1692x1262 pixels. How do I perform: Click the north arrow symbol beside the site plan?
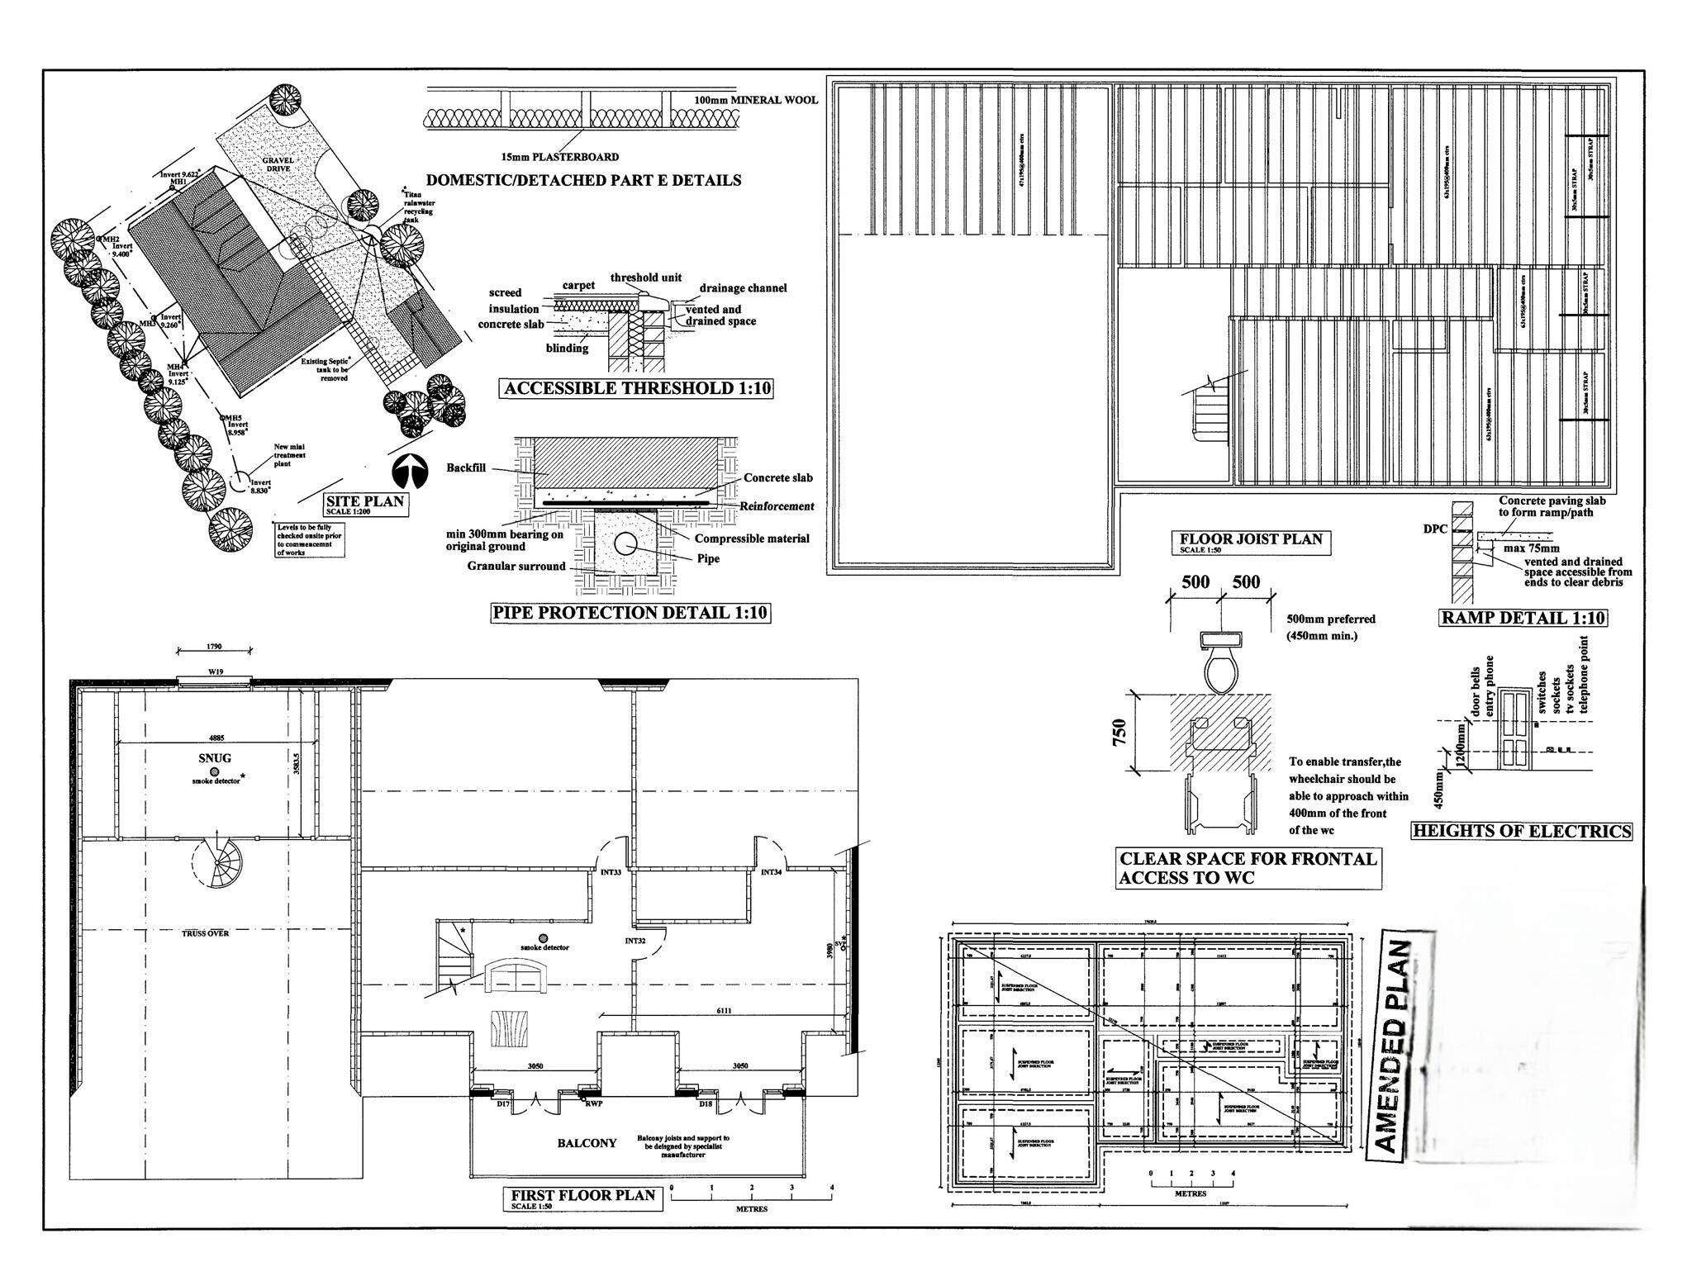click(409, 474)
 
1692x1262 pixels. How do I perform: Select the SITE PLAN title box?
click(364, 504)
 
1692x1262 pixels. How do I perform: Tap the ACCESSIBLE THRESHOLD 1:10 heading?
click(636, 388)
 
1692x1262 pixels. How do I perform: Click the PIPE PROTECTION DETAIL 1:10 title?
click(630, 613)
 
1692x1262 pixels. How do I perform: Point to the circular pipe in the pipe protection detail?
click(626, 543)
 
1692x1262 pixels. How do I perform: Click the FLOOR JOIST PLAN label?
click(1250, 541)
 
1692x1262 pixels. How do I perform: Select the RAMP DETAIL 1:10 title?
click(1523, 618)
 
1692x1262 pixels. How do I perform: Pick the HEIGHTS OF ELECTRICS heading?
click(1521, 832)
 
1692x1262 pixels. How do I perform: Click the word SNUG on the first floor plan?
click(215, 757)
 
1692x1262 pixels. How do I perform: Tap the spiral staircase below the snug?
click(217, 864)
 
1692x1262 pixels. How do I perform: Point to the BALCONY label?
click(587, 1143)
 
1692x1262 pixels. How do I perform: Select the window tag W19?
click(215, 672)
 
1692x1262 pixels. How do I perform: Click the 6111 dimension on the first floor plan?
click(724, 1011)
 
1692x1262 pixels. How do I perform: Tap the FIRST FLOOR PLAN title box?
click(582, 1197)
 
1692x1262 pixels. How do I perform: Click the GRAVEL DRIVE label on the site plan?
click(278, 163)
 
